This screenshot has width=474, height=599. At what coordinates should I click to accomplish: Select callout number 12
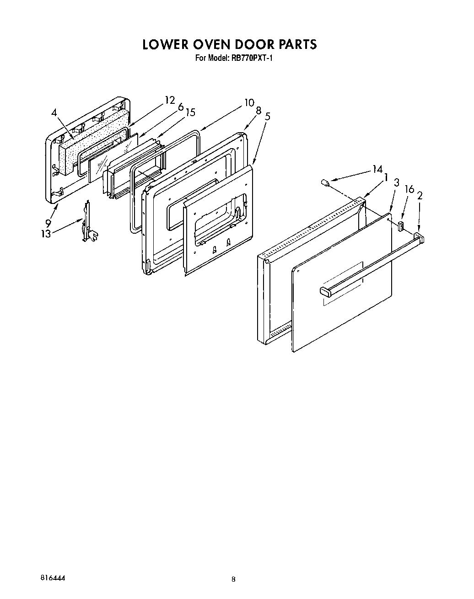pos(170,100)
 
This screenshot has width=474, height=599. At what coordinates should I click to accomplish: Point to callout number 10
pos(249,102)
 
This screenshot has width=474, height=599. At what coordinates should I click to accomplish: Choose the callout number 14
pos(377,170)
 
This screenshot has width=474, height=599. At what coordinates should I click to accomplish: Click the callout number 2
pos(420,195)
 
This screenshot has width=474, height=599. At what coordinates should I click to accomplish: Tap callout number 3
pos(396,183)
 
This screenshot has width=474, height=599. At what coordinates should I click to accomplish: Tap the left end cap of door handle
pos(325,290)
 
